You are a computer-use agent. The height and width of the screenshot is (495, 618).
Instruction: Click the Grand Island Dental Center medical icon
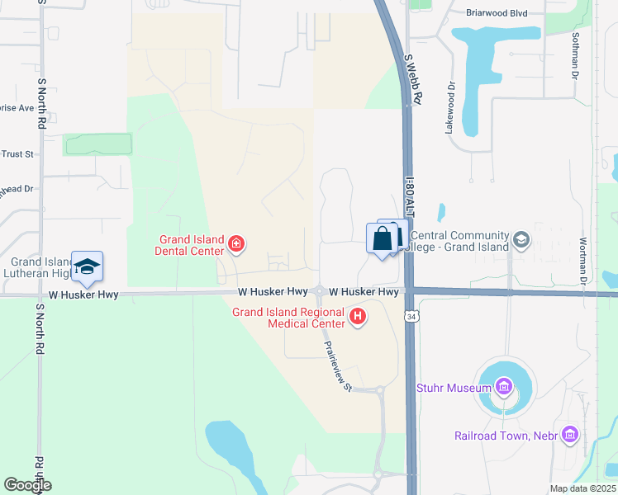coord(236,243)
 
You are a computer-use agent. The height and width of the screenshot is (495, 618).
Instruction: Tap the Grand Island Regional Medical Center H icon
coord(358,315)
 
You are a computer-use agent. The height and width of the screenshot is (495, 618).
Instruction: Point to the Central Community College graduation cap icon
coord(521,239)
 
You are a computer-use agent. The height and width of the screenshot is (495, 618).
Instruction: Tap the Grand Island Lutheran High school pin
coord(87,266)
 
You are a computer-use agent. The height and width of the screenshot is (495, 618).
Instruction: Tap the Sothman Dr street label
coord(575,55)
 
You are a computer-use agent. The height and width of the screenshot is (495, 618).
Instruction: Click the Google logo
coord(27,485)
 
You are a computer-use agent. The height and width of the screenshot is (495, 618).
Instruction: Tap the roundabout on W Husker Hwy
coord(320,292)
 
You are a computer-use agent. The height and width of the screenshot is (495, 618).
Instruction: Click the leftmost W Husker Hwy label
coord(84,295)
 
